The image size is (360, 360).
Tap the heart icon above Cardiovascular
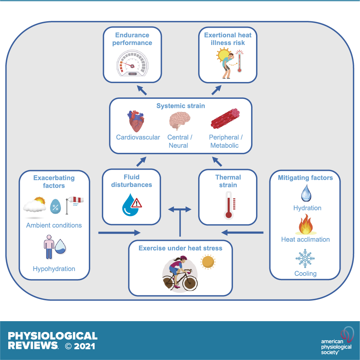(x=136, y=121)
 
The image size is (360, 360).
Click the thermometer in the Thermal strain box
(x=229, y=205)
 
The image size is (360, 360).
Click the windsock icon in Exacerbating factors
(x=74, y=205)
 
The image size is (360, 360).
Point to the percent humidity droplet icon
(x=55, y=207)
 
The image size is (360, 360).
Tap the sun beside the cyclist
(x=208, y=262)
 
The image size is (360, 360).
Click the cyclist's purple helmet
(x=183, y=259)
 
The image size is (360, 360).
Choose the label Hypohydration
(x=54, y=269)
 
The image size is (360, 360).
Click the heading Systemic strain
(x=181, y=106)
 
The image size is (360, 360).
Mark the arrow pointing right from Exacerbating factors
(x=119, y=233)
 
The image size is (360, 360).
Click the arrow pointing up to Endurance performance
(x=142, y=90)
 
